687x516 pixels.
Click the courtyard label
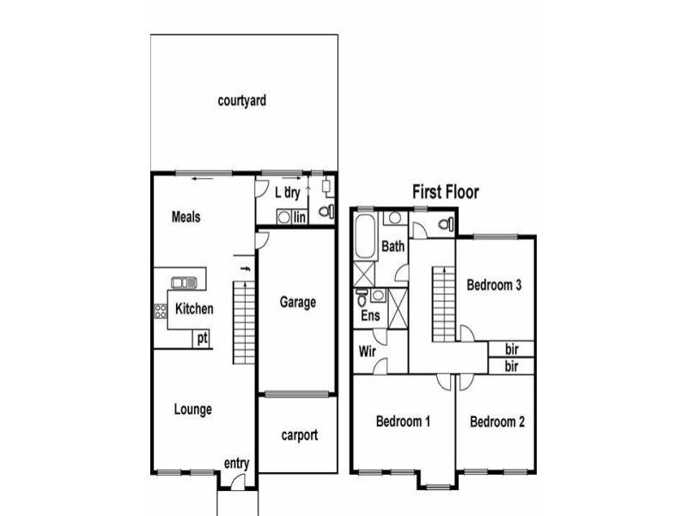coord(242,101)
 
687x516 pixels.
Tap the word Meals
coord(185,217)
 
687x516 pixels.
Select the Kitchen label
coord(194,309)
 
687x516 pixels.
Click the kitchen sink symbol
coord(184,283)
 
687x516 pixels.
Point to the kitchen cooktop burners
coord(161,311)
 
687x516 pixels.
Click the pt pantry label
coord(203,339)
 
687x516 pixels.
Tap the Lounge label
coord(192,409)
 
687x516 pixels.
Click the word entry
coord(237,464)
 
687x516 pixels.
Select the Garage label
coord(298,303)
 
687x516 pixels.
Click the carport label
coord(300,435)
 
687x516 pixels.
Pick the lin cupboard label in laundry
coord(300,218)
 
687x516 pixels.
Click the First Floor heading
coord(446,192)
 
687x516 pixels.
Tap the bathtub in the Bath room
coord(365,236)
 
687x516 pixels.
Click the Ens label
coord(370,316)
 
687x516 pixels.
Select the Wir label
coord(368,352)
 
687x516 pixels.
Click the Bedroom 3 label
coord(494,286)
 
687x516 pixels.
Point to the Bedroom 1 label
coord(403,421)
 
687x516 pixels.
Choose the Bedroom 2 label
coord(497,422)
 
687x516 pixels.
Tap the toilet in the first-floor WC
coord(446,224)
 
